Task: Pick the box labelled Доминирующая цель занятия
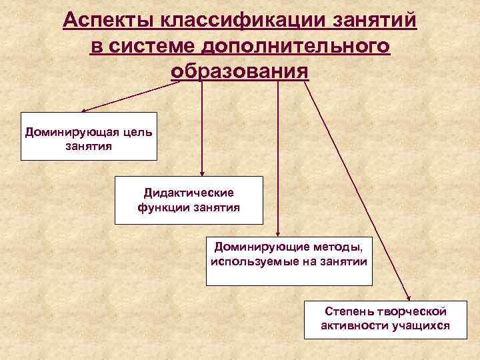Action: [89, 137]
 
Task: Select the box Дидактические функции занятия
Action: [189, 199]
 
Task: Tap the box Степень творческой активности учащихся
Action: [385, 319]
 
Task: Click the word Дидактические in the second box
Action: [189, 193]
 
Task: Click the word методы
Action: [339, 247]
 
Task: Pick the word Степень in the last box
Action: [347, 311]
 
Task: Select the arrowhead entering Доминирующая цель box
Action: [84, 111]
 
